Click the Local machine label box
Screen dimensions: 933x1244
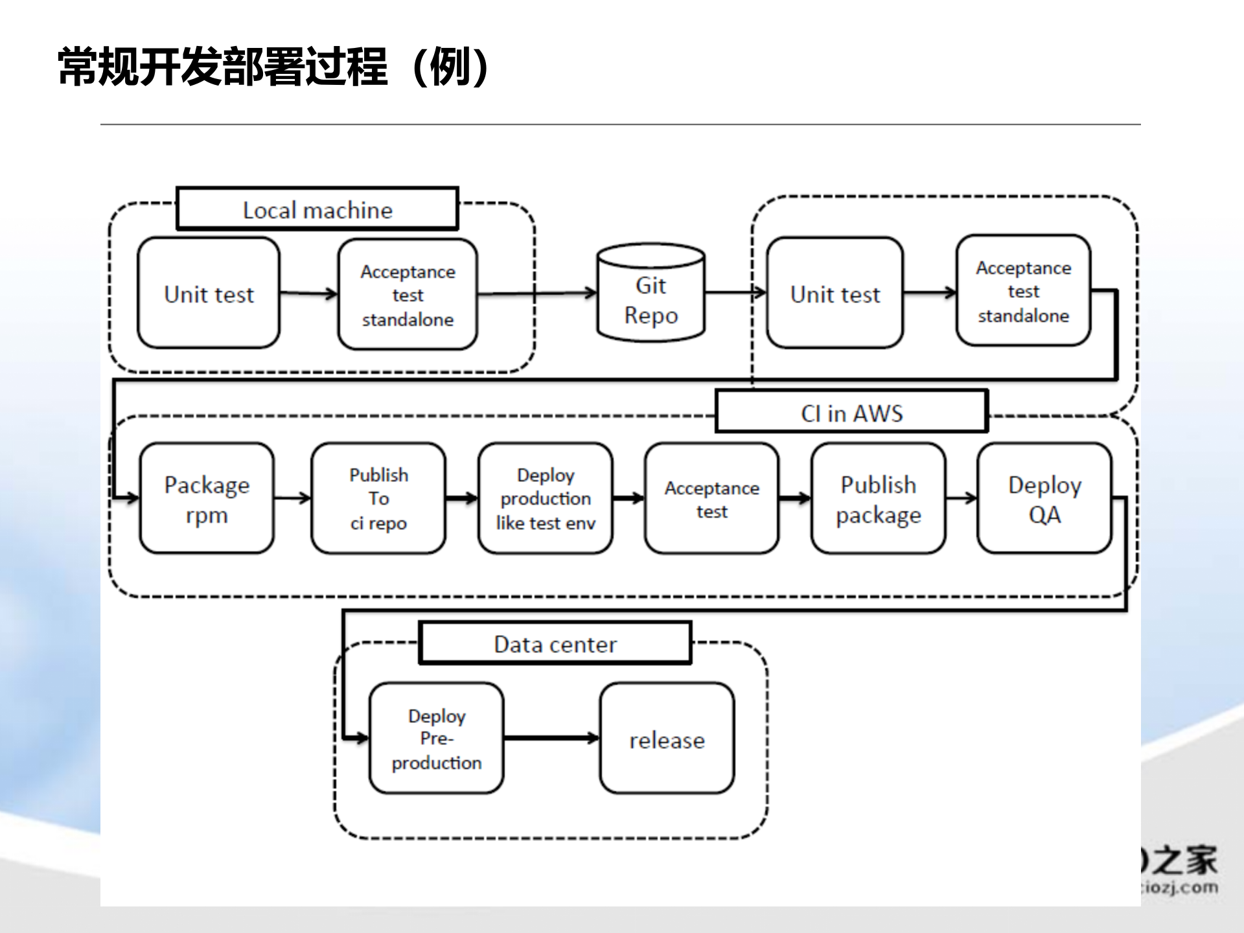click(317, 209)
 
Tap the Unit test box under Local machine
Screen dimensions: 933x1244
click(209, 293)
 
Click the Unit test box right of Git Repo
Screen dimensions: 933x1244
click(835, 293)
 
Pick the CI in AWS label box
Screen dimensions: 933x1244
click(851, 412)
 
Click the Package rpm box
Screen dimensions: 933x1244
click(207, 498)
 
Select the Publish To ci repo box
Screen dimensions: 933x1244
click(378, 498)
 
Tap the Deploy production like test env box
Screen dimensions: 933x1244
click(545, 498)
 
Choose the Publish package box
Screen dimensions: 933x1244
click(878, 498)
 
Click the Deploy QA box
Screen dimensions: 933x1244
click(1044, 498)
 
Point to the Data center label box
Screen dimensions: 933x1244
click(555, 643)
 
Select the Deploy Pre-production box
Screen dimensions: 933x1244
click(436, 738)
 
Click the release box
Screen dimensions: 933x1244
click(667, 738)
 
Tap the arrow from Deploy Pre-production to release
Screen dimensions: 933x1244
click(551, 738)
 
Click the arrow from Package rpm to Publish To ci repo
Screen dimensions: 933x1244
click(292, 498)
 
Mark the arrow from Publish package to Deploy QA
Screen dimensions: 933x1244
click(961, 498)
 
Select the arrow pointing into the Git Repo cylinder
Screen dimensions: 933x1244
click(538, 294)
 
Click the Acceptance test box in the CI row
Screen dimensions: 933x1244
click(711, 498)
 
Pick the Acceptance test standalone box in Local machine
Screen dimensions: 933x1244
click(408, 294)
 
